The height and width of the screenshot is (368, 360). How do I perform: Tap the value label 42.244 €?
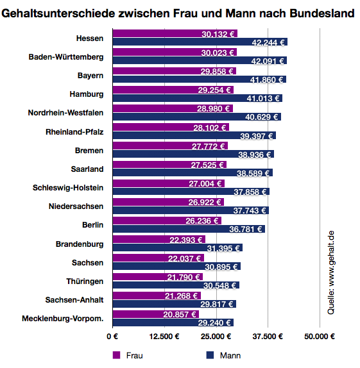[x=268, y=42]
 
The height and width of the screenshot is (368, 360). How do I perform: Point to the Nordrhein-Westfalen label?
[x=65, y=113]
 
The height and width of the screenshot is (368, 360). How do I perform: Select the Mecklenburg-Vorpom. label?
[x=62, y=318]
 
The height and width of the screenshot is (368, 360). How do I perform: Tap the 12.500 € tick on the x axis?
[x=164, y=336]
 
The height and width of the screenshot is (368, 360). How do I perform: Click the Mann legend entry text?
[x=230, y=355]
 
